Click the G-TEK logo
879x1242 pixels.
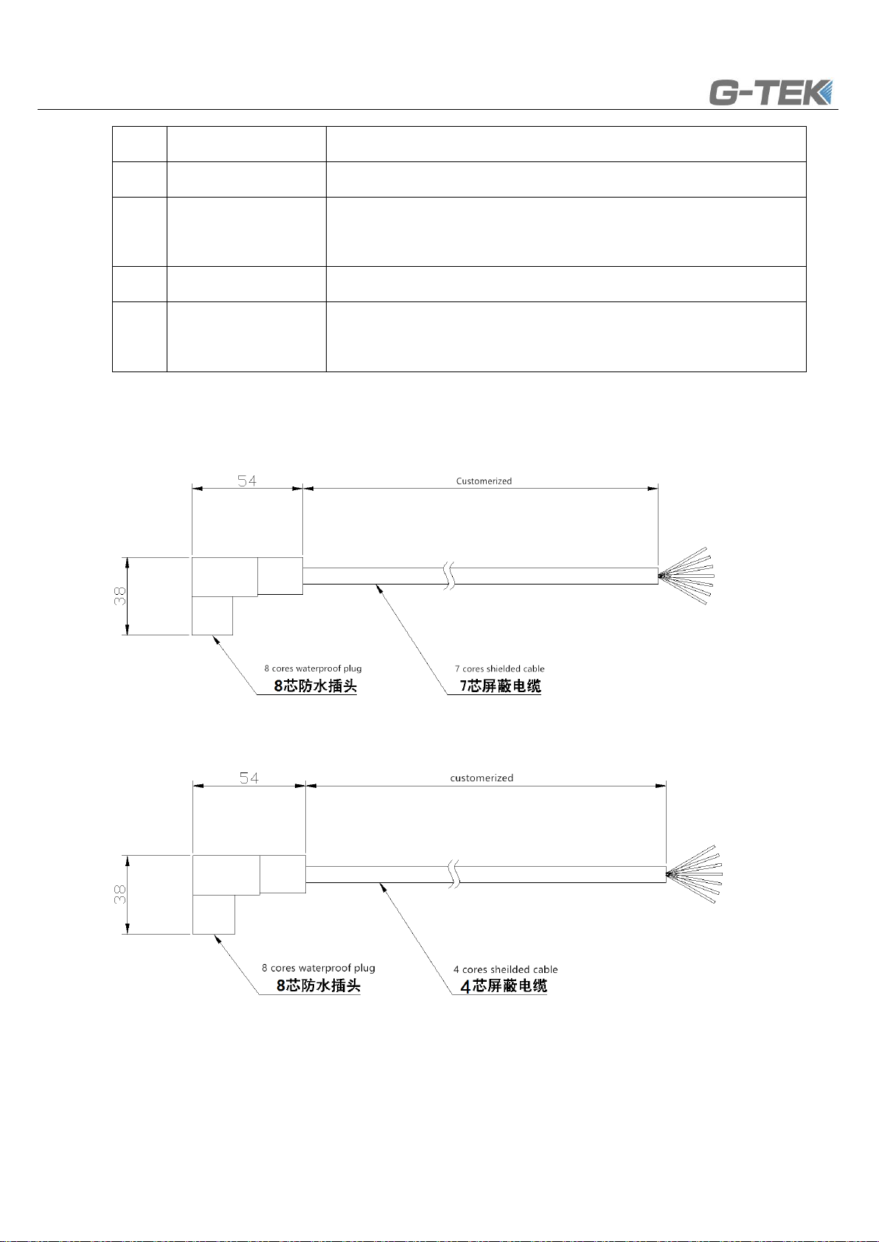pyautogui.click(x=771, y=93)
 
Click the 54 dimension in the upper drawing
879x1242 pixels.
pyautogui.click(x=247, y=480)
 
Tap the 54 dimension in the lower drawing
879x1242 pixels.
pyautogui.click(x=249, y=778)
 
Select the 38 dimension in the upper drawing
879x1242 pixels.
pyautogui.click(x=119, y=596)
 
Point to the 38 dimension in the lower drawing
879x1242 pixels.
pyautogui.click(x=119, y=894)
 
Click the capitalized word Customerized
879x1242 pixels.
pyautogui.click(x=484, y=481)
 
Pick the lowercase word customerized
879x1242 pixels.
pyautogui.click(x=482, y=778)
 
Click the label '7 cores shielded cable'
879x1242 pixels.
pyautogui.click(x=500, y=669)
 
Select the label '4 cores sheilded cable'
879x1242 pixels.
pyautogui.click(x=505, y=969)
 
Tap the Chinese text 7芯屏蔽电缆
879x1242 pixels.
pyautogui.click(x=500, y=686)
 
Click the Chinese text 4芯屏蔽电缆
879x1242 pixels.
pyautogui.click(x=504, y=985)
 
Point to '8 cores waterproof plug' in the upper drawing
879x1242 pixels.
pyautogui.click(x=313, y=669)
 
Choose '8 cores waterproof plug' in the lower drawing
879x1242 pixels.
pyautogui.click(x=319, y=968)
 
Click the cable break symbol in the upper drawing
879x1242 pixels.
pyautogui.click(x=450, y=576)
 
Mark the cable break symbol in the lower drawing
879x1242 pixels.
pyautogui.click(x=454, y=874)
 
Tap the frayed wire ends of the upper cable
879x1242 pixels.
pyautogui.click(x=686, y=576)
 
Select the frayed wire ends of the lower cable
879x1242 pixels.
pyautogui.click(x=695, y=874)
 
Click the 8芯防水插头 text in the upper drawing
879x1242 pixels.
pyautogui.click(x=315, y=686)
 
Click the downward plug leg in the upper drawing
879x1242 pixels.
pyautogui.click(x=212, y=615)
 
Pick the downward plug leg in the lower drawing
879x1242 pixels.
pyautogui.click(x=214, y=914)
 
